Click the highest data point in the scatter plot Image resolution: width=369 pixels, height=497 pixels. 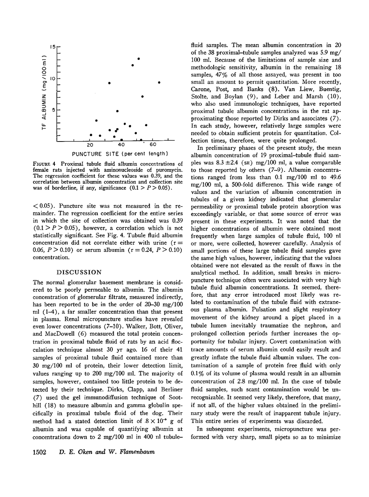point(139,59)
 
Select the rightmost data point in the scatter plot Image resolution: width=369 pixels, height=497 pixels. point(159,82)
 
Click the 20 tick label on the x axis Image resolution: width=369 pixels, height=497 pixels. point(90,145)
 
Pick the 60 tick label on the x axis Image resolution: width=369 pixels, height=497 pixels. point(153,145)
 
